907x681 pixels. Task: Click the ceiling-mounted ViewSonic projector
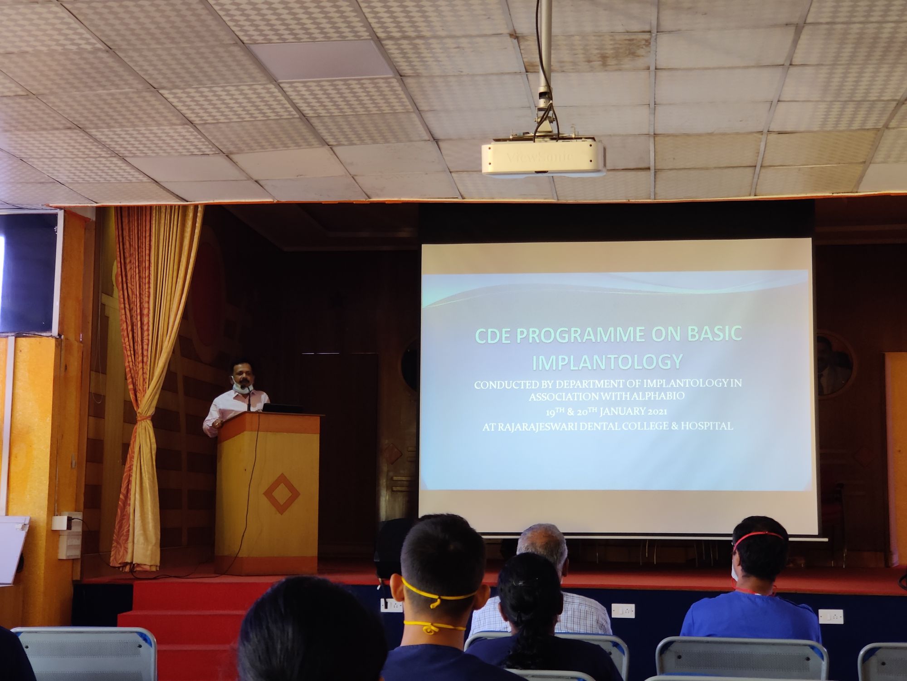[543, 158]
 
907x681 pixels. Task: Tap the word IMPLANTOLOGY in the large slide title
[607, 362]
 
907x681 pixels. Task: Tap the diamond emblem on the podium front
[282, 493]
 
